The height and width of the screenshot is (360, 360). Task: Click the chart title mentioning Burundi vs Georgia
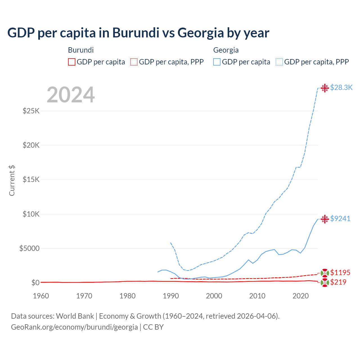(138, 33)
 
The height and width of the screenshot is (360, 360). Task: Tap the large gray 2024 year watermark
(71, 95)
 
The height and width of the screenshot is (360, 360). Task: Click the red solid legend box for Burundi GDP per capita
(72, 62)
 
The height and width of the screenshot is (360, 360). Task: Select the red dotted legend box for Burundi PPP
(134, 62)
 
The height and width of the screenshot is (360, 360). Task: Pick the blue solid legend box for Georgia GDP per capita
(217, 62)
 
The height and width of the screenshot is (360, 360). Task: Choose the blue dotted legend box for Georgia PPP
(279, 62)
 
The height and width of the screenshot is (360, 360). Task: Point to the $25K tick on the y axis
(31, 111)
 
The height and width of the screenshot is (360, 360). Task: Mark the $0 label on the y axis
(35, 283)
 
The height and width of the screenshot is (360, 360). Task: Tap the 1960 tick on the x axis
(41, 296)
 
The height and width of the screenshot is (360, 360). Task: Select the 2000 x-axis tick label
(214, 296)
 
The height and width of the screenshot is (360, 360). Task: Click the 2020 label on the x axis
(301, 296)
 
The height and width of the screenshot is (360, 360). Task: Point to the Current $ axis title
(12, 180)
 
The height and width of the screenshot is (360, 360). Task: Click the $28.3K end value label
(341, 88)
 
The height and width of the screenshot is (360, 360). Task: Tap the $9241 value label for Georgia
(340, 219)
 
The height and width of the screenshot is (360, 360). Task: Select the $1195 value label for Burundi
(340, 273)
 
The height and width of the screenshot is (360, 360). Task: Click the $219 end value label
(338, 282)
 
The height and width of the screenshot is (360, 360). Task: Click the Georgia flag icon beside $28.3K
(325, 88)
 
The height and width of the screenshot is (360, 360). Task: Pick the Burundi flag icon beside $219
(325, 283)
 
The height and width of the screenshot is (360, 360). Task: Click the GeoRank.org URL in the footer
(74, 327)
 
